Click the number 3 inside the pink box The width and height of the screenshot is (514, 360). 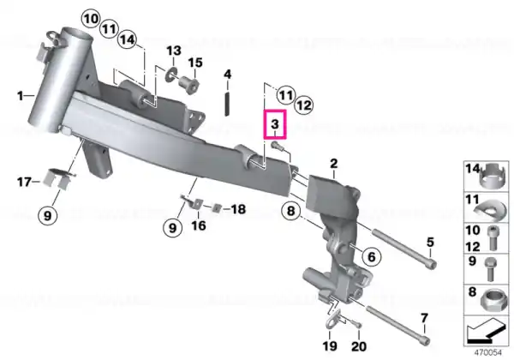click(x=275, y=124)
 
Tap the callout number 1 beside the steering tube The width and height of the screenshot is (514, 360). click(x=21, y=96)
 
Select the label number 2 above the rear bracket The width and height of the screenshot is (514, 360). click(x=334, y=163)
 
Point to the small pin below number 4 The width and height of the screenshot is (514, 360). click(x=227, y=103)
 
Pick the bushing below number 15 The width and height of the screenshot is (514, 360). click(x=189, y=85)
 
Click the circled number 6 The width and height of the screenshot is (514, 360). click(x=372, y=256)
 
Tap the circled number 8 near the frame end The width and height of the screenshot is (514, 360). click(x=291, y=211)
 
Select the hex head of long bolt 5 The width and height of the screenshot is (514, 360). click(x=433, y=264)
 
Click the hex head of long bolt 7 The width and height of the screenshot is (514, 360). click(x=425, y=340)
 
